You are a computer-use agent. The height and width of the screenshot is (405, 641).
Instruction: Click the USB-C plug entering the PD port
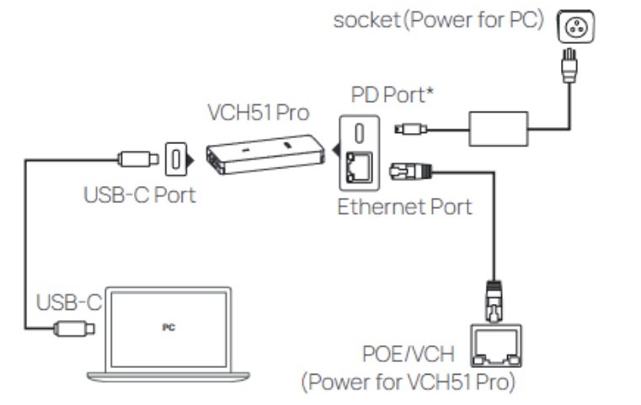pyautogui.click(x=409, y=129)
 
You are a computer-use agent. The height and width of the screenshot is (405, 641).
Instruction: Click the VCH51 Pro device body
pyautogui.click(x=266, y=152)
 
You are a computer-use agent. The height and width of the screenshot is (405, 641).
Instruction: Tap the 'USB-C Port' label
pyautogui.click(x=139, y=195)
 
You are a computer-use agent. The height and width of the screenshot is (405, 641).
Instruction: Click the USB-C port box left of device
pyautogui.click(x=175, y=157)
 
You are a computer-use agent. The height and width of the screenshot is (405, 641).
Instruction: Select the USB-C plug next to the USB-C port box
pyautogui.click(x=135, y=157)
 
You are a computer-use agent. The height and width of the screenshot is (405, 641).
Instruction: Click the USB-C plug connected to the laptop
pyautogui.click(x=74, y=329)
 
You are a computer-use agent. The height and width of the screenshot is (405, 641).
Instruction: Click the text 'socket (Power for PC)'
pyautogui.click(x=439, y=19)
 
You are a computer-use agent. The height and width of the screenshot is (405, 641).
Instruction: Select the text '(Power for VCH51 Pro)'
pyautogui.click(x=409, y=381)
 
